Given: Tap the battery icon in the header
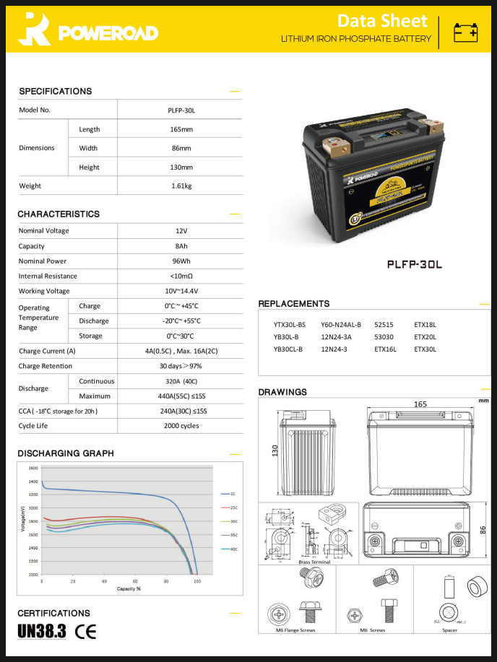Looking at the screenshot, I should click(x=465, y=32).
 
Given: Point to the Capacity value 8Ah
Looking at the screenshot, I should click(x=181, y=245).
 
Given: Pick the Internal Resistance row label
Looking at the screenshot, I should click(x=48, y=276).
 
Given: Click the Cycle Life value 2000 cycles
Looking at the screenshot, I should click(x=180, y=426).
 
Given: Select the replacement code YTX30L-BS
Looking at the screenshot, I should click(x=289, y=325).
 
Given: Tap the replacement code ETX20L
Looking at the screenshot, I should click(x=425, y=336).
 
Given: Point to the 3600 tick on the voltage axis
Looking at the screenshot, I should click(x=34, y=469).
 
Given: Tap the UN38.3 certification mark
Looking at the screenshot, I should click(x=42, y=632).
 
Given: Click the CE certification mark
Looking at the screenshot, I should click(x=86, y=632).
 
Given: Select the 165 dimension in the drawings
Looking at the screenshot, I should click(x=420, y=404).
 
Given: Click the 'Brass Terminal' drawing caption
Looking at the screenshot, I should click(x=314, y=562).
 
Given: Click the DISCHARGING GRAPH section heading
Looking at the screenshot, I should click(x=66, y=453).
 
